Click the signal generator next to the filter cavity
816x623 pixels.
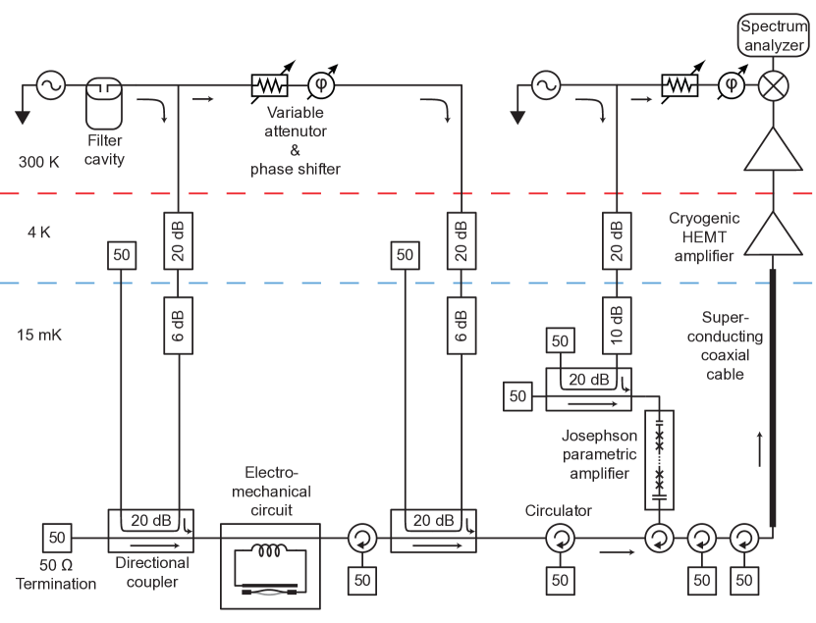click(50, 86)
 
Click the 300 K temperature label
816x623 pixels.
click(39, 162)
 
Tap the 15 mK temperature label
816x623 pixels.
click(39, 335)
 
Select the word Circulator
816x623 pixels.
click(559, 511)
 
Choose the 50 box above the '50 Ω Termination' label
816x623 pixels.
click(56, 538)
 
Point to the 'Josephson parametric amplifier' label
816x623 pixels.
click(598, 453)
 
